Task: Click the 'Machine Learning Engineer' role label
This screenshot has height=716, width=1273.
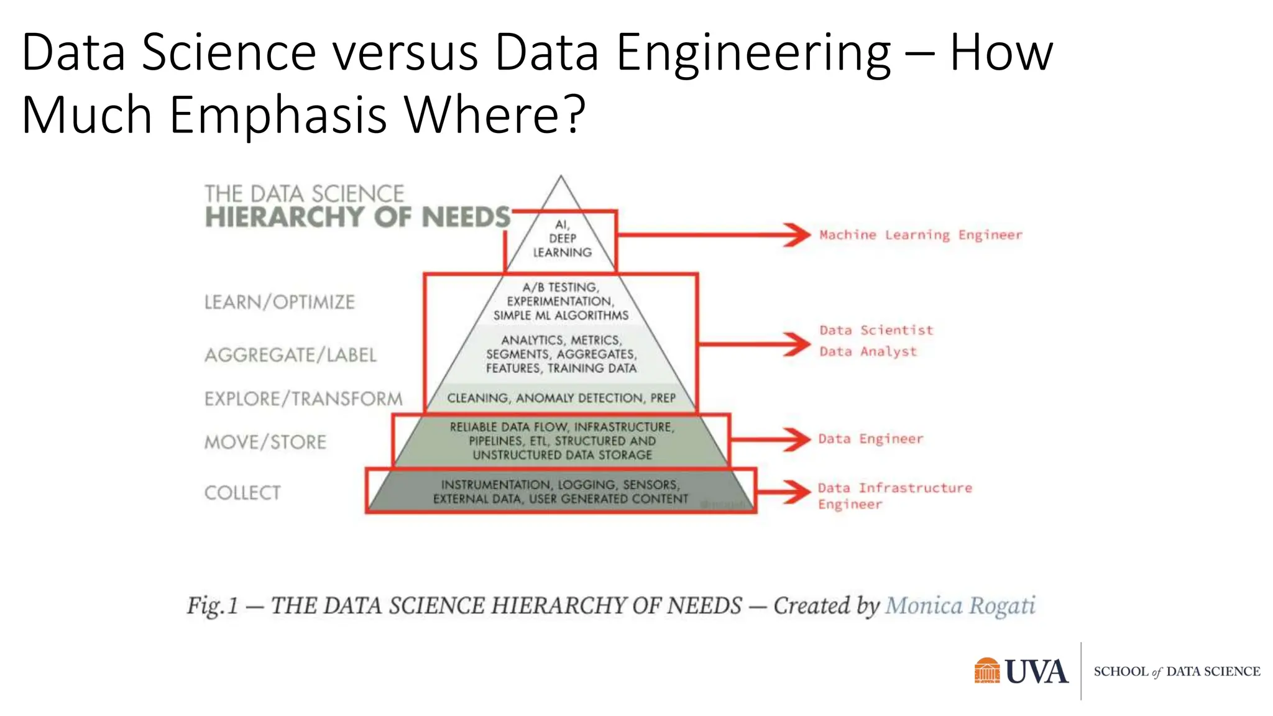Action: point(920,235)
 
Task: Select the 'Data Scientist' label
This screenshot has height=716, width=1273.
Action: point(876,330)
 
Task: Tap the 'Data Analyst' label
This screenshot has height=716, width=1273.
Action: point(868,352)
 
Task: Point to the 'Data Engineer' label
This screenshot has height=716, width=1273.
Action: point(870,439)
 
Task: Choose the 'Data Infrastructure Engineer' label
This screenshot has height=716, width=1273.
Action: point(894,495)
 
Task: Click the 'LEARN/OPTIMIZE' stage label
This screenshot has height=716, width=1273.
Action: point(280,302)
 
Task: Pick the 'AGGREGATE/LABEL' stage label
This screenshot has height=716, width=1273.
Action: point(290,355)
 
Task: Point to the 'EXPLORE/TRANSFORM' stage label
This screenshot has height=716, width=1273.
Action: point(303,398)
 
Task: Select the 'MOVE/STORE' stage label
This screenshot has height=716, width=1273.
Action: point(265,442)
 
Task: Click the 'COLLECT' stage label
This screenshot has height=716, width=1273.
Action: point(242,493)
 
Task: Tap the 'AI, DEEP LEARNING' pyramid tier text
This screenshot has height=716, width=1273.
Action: point(562,239)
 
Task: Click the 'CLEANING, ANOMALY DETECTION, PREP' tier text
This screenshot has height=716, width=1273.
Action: point(561,398)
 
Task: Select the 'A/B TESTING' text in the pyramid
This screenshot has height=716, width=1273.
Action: point(561,287)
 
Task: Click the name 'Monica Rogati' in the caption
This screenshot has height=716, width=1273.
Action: point(960,605)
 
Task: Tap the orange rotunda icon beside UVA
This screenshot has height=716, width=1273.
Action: point(987,671)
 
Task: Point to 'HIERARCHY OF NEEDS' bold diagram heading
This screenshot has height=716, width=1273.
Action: point(357,218)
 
